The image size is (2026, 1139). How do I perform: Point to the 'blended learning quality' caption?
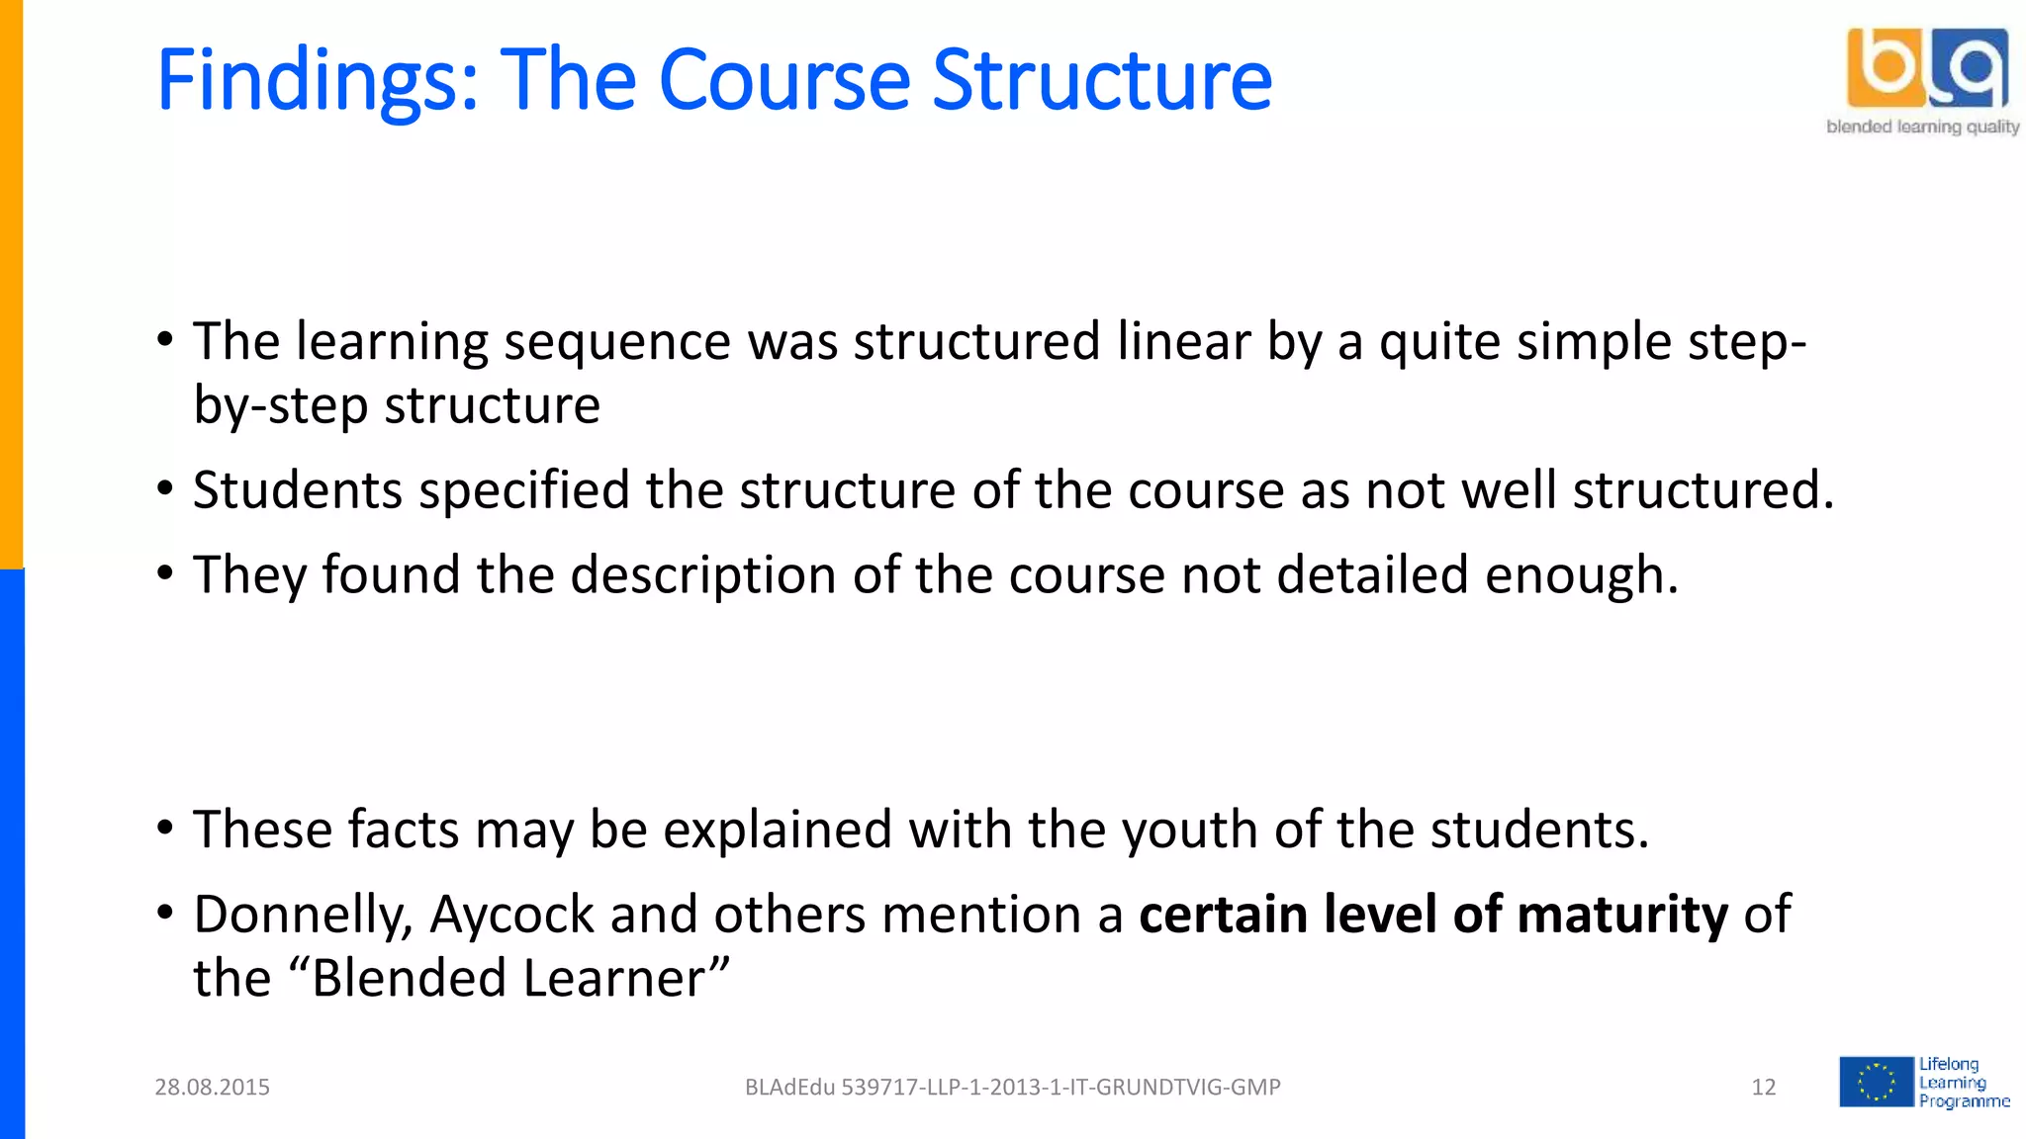point(1922,127)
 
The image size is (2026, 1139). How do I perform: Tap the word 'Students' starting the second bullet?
point(297,490)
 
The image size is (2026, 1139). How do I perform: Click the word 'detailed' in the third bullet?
point(1372,575)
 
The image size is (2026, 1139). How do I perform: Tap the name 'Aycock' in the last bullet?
point(511,916)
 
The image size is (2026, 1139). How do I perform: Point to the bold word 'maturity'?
point(1622,916)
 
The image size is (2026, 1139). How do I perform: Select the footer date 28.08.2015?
point(212,1088)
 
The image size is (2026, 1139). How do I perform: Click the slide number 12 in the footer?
point(1763,1088)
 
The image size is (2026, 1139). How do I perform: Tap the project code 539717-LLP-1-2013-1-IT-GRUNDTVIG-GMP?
point(1059,1088)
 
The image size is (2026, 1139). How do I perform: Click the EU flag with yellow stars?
point(1876,1082)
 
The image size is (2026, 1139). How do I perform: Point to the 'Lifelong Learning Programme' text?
point(1963,1083)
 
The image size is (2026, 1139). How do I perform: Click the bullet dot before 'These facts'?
point(165,828)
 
